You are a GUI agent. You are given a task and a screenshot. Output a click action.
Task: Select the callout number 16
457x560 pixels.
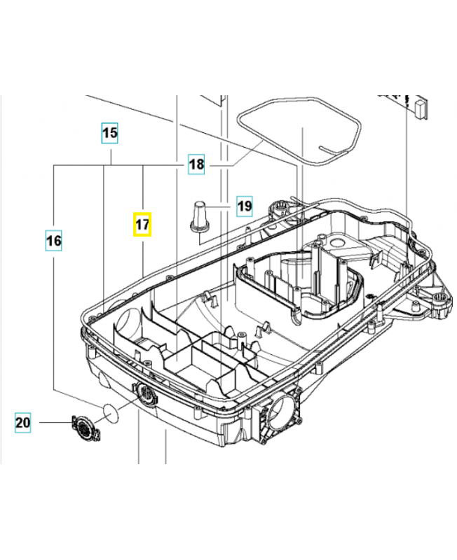pos(54,241)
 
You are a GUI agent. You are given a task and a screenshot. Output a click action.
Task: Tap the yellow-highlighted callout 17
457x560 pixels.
pos(143,225)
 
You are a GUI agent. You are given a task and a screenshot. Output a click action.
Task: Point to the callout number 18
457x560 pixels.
pos(196,165)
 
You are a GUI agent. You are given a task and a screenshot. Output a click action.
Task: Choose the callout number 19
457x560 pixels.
pos(243,206)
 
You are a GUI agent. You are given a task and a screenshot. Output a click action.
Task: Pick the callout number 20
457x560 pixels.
pos(23,422)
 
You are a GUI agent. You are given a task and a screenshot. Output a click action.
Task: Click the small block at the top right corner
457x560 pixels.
pos(420,108)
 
